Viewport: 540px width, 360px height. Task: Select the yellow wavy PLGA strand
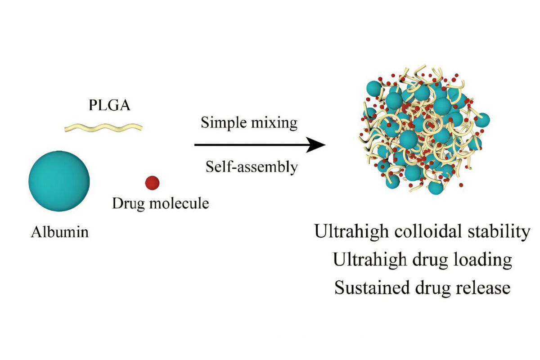pos(104,127)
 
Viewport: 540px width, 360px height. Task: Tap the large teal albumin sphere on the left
pos(59,180)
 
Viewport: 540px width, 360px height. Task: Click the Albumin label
pos(60,233)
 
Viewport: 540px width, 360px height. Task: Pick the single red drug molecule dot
pos(153,182)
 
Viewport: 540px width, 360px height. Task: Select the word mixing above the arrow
pos(275,123)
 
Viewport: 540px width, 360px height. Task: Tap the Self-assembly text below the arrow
pos(252,167)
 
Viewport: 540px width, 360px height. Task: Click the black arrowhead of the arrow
pos(318,145)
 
